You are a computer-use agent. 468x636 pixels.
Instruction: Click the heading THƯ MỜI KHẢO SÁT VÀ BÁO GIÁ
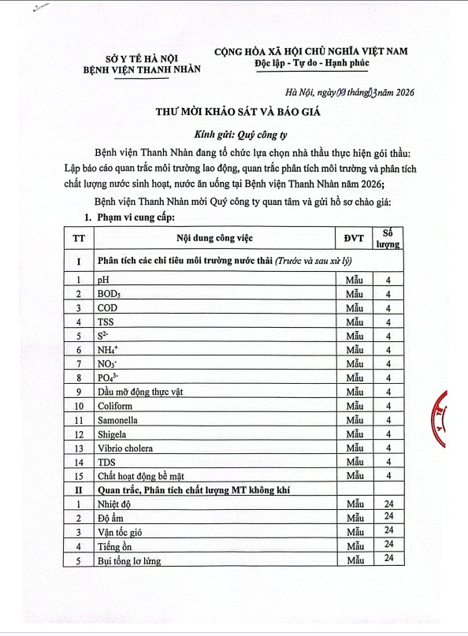[x=237, y=112]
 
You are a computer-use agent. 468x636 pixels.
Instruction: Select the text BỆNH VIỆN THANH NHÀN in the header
[x=142, y=69]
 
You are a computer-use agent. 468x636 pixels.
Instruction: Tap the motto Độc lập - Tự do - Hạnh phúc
[x=311, y=63]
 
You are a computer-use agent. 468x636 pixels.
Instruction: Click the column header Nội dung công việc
[x=215, y=237]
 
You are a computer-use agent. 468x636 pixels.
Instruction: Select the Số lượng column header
[x=388, y=237]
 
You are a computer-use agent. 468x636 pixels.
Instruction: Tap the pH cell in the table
[x=103, y=280]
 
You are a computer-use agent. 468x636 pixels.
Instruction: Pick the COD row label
[x=109, y=308]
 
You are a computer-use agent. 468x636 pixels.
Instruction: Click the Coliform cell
[x=116, y=406]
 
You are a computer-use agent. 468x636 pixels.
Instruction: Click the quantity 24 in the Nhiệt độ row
[x=388, y=503]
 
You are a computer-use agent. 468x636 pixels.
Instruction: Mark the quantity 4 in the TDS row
[x=388, y=461]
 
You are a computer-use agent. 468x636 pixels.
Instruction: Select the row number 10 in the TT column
[x=79, y=406]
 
